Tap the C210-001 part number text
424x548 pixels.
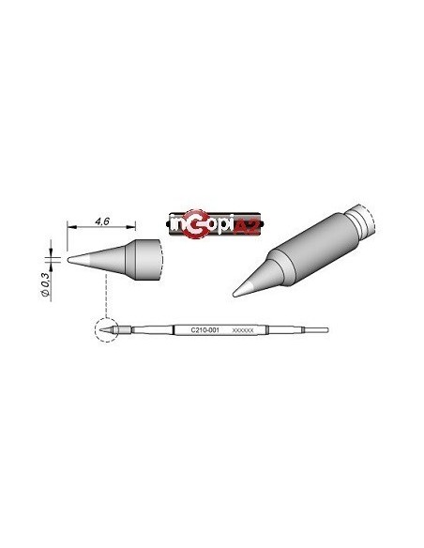pyautogui.click(x=204, y=330)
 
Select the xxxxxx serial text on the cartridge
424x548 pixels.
pyautogui.click(x=241, y=330)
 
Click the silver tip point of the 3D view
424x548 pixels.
pyautogui.click(x=239, y=286)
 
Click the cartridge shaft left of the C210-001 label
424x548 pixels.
pyautogui.click(x=155, y=330)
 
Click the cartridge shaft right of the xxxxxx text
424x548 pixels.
pyautogui.click(x=281, y=330)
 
